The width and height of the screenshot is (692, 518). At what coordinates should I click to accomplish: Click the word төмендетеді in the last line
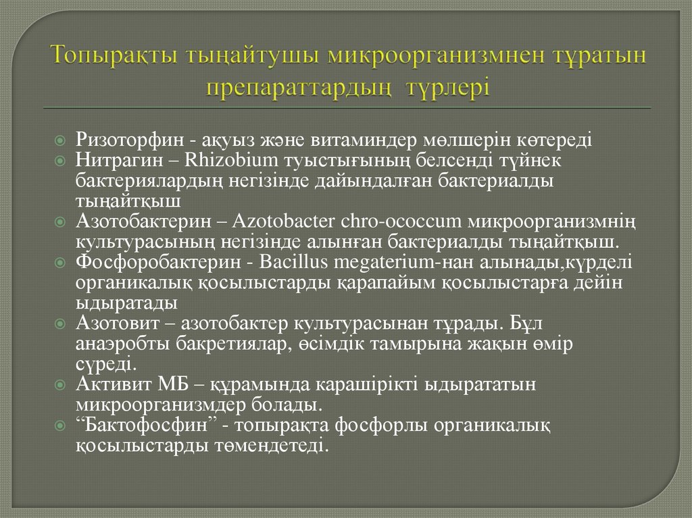click(x=278, y=446)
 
